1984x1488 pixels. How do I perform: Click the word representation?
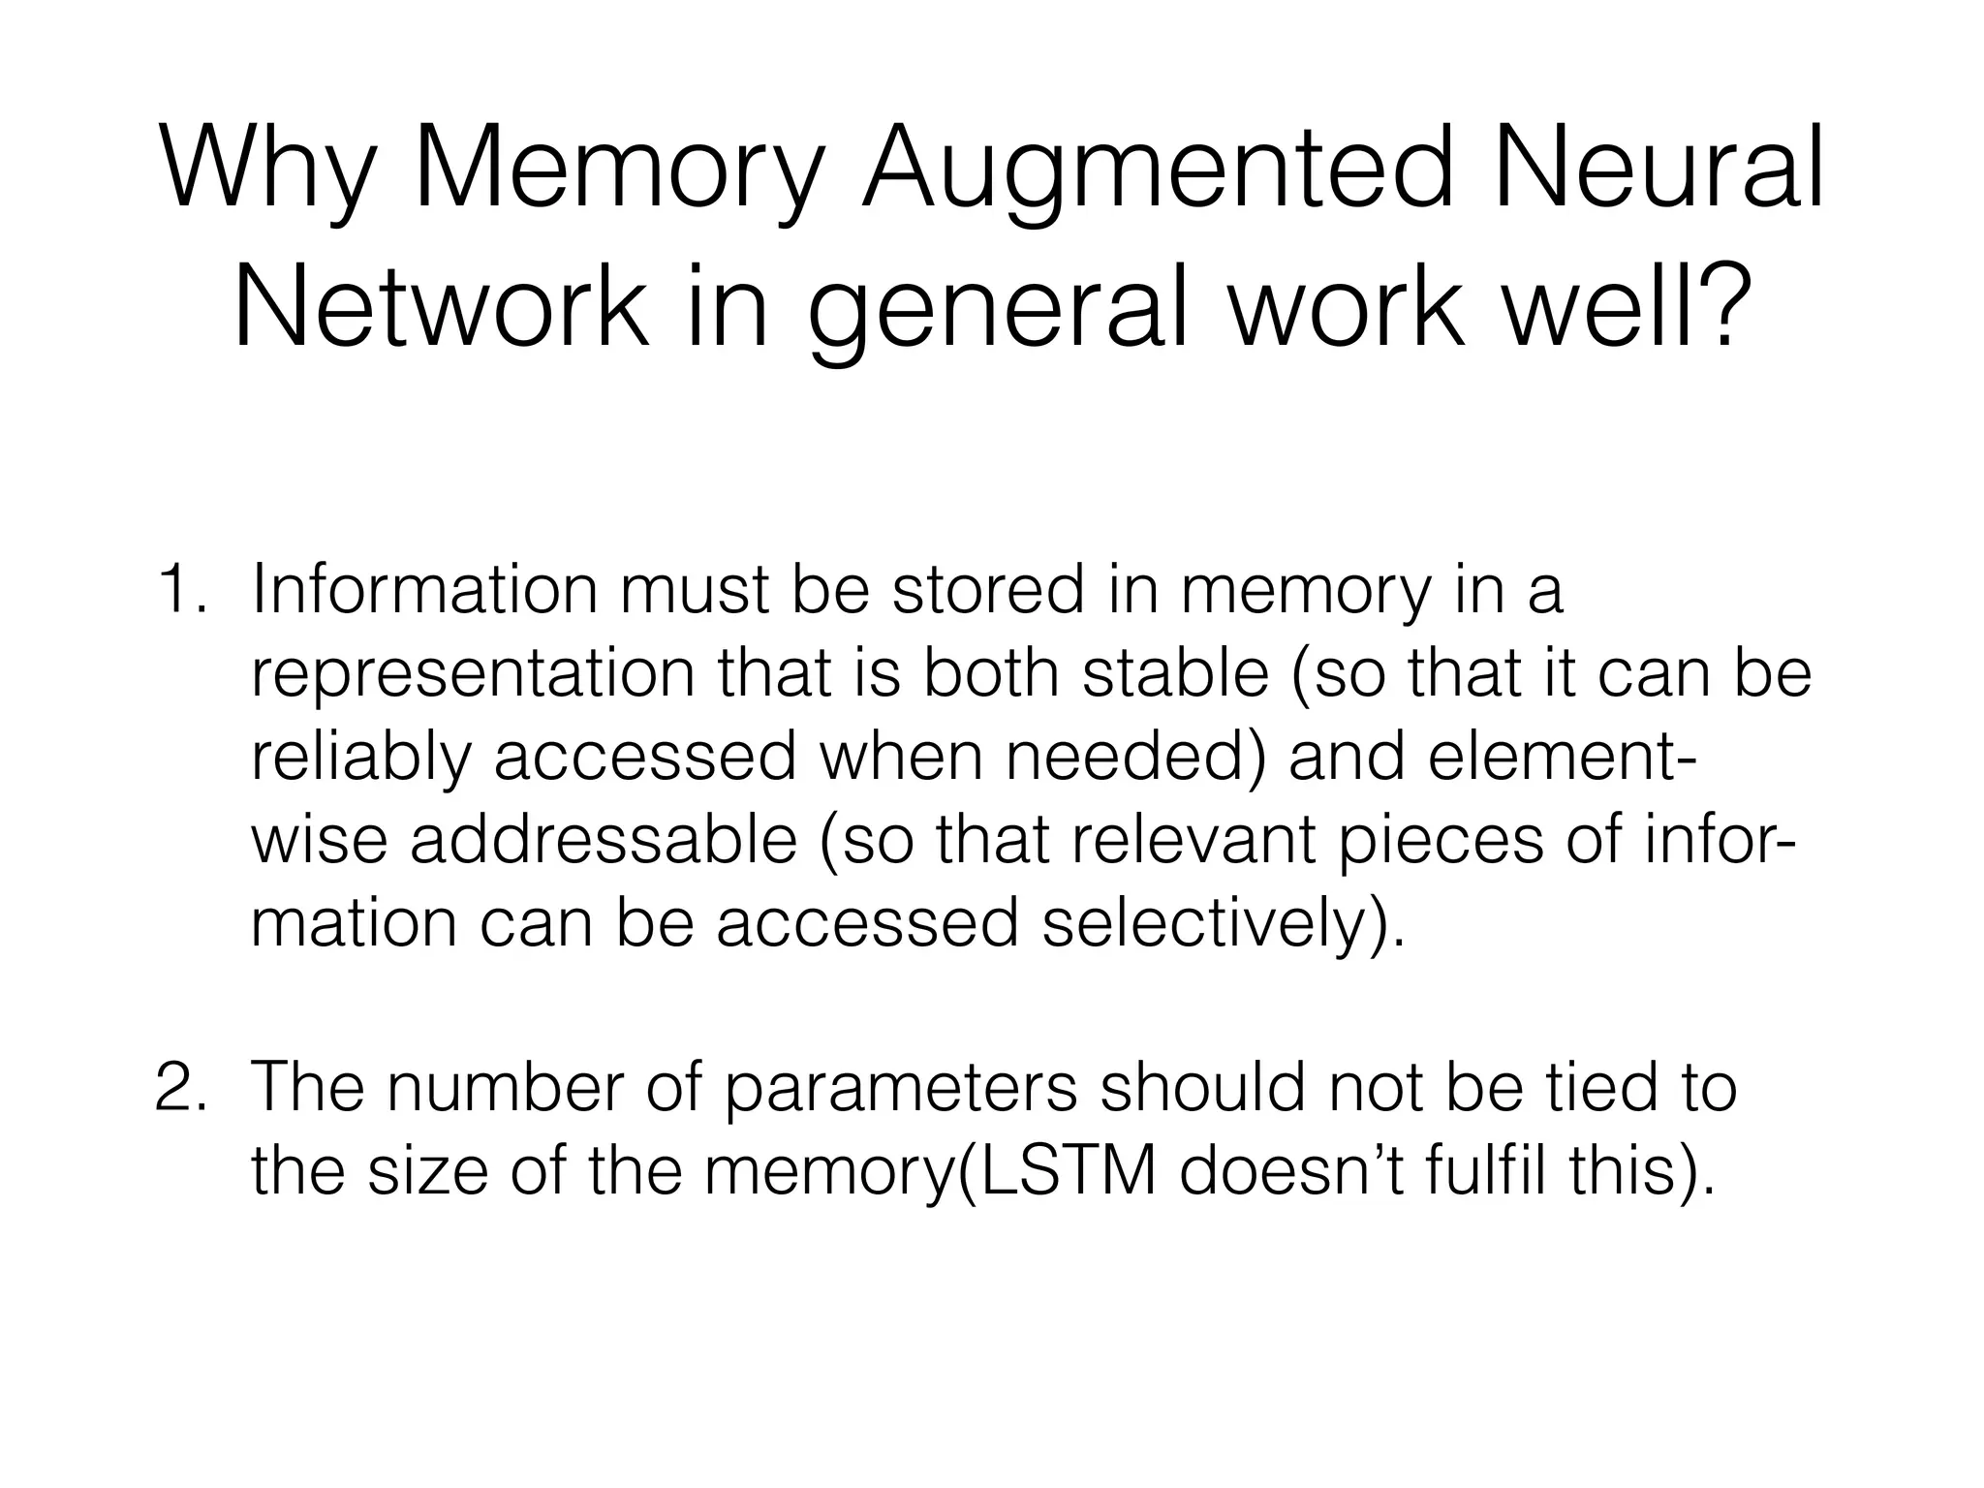click(x=473, y=674)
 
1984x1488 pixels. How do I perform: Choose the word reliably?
click(x=360, y=758)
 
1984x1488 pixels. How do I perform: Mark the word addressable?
click(x=603, y=839)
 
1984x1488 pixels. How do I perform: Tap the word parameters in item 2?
click(x=901, y=1089)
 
